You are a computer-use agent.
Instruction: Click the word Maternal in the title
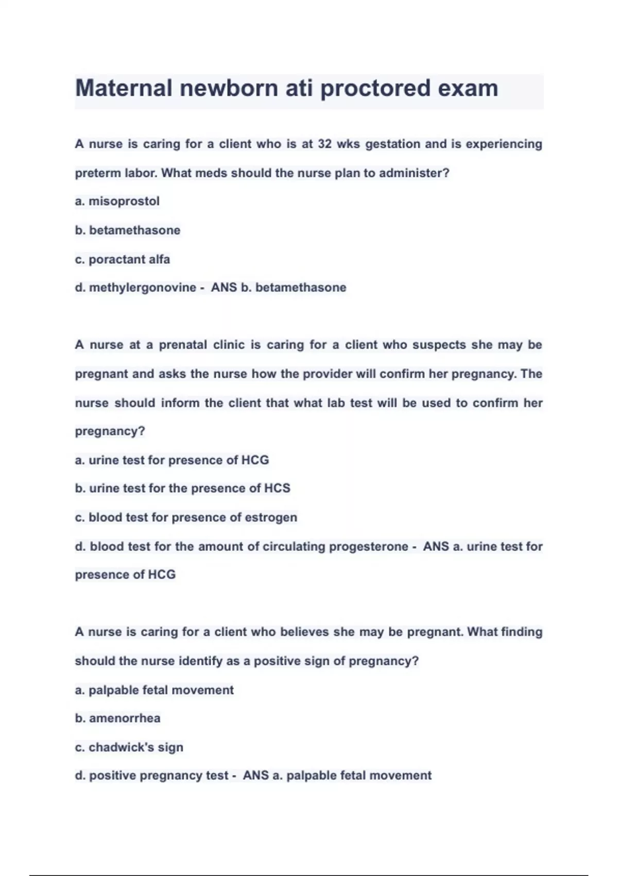click(x=124, y=88)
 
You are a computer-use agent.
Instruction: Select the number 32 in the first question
click(x=324, y=144)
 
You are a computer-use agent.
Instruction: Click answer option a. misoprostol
click(x=117, y=201)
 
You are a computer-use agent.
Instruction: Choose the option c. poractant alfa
click(x=123, y=259)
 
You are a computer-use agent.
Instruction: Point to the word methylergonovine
click(x=142, y=288)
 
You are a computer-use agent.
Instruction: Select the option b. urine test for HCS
click(x=183, y=488)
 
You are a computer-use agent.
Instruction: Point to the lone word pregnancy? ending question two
click(x=110, y=431)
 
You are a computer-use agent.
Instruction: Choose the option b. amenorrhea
click(x=118, y=718)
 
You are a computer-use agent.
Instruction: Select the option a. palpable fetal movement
click(x=154, y=690)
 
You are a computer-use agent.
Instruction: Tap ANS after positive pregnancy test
click(x=255, y=776)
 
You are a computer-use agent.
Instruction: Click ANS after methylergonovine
click(x=224, y=288)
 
